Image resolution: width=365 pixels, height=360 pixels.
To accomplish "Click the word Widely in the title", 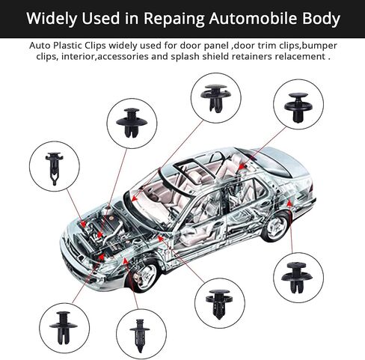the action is coord(52,19).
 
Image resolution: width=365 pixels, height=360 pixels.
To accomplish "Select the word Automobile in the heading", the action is coord(253,18).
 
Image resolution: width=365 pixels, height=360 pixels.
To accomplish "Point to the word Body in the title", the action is coord(321,19).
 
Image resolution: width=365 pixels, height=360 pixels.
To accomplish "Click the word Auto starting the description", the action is coord(38,46).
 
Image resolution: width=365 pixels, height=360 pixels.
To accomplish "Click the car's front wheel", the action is coord(144,276).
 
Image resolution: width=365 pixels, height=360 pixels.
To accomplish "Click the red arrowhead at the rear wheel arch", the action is coord(289,203).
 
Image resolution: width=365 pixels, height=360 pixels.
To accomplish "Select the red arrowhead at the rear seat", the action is coord(242,165).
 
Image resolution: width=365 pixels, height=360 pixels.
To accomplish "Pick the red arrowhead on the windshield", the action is coord(135,198).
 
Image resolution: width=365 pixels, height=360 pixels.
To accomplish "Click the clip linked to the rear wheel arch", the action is coord(297,278).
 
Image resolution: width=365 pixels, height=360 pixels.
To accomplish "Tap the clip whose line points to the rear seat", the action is coord(298,108).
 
